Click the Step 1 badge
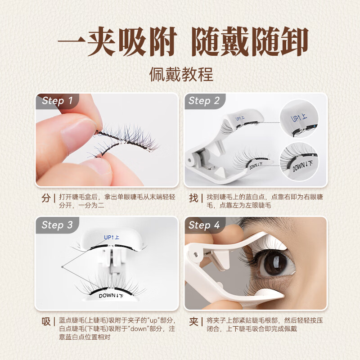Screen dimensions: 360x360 click(x=57, y=101)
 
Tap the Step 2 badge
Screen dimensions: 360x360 click(x=204, y=101)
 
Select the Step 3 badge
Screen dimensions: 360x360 click(x=57, y=225)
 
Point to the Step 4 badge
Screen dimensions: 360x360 click(x=204, y=225)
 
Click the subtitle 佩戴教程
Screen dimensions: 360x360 click(x=181, y=74)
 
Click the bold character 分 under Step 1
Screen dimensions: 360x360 click(x=46, y=198)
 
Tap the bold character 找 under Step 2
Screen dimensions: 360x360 click(x=193, y=198)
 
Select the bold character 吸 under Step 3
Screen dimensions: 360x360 click(x=46, y=322)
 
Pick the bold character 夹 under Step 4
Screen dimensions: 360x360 click(x=193, y=322)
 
